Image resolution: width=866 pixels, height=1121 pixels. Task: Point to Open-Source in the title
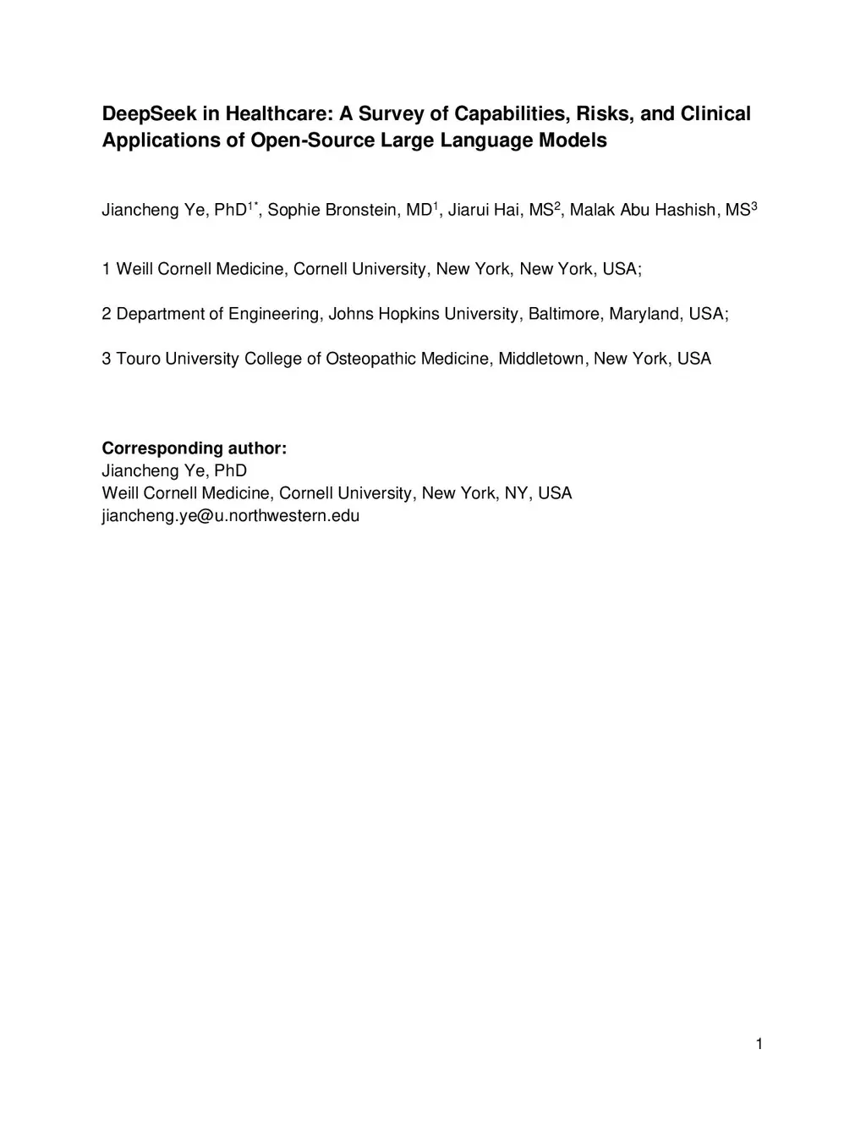coord(312,140)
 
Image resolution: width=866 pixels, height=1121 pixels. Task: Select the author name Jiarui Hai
coord(485,211)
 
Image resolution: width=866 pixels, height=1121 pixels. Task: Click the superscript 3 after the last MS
coord(754,206)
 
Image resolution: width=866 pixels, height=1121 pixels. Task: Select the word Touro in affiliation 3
coord(138,360)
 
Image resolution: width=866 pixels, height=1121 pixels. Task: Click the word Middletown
coord(540,360)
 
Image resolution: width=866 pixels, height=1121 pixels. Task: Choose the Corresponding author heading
coord(195,448)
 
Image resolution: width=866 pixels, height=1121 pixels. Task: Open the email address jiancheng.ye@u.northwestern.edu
coord(231,516)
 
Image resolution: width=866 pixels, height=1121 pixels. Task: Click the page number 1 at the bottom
coord(759,1044)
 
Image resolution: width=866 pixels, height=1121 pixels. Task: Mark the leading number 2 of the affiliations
coord(107,315)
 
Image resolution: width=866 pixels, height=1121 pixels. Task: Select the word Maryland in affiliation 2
coord(644,315)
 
